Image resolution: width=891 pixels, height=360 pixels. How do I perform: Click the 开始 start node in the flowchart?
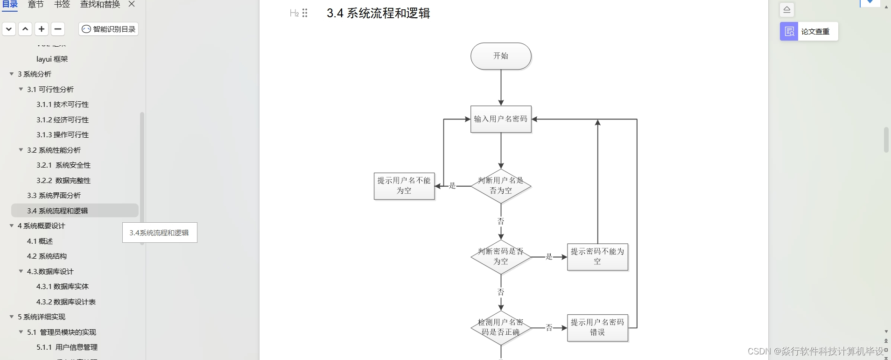pyautogui.click(x=501, y=56)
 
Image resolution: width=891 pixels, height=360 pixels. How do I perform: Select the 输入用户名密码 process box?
pyautogui.click(x=501, y=119)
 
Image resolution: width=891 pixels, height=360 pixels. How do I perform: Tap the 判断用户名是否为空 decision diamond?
pyautogui.click(x=501, y=186)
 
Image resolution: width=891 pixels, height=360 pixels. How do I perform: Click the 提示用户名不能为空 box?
pyautogui.click(x=404, y=186)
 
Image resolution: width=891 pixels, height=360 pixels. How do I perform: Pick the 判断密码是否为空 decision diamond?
pyautogui.click(x=501, y=257)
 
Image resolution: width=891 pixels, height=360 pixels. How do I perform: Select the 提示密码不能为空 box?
pyautogui.click(x=597, y=257)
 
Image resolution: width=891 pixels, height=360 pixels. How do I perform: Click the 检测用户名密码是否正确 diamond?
pyautogui.click(x=501, y=328)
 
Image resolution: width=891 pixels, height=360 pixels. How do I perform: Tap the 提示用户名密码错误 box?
pyautogui.click(x=597, y=328)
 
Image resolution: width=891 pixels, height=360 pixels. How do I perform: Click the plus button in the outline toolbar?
pyautogui.click(x=42, y=29)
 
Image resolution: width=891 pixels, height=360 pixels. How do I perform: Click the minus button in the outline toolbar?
pyautogui.click(x=58, y=29)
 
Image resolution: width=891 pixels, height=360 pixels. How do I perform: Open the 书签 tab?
pyautogui.click(x=62, y=5)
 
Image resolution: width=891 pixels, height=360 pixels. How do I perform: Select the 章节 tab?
pyautogui.click(x=36, y=5)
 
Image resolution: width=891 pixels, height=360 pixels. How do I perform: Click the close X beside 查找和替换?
pyautogui.click(x=132, y=4)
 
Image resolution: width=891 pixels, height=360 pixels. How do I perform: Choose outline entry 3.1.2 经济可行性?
pyautogui.click(x=63, y=120)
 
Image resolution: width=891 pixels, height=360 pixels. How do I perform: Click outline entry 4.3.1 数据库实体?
pyautogui.click(x=63, y=287)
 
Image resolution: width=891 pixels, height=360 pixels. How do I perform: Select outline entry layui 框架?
pyautogui.click(x=52, y=59)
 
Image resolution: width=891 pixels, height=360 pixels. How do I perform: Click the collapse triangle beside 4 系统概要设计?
pyautogui.click(x=12, y=226)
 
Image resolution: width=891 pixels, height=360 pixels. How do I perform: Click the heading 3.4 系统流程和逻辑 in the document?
pyautogui.click(x=378, y=13)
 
